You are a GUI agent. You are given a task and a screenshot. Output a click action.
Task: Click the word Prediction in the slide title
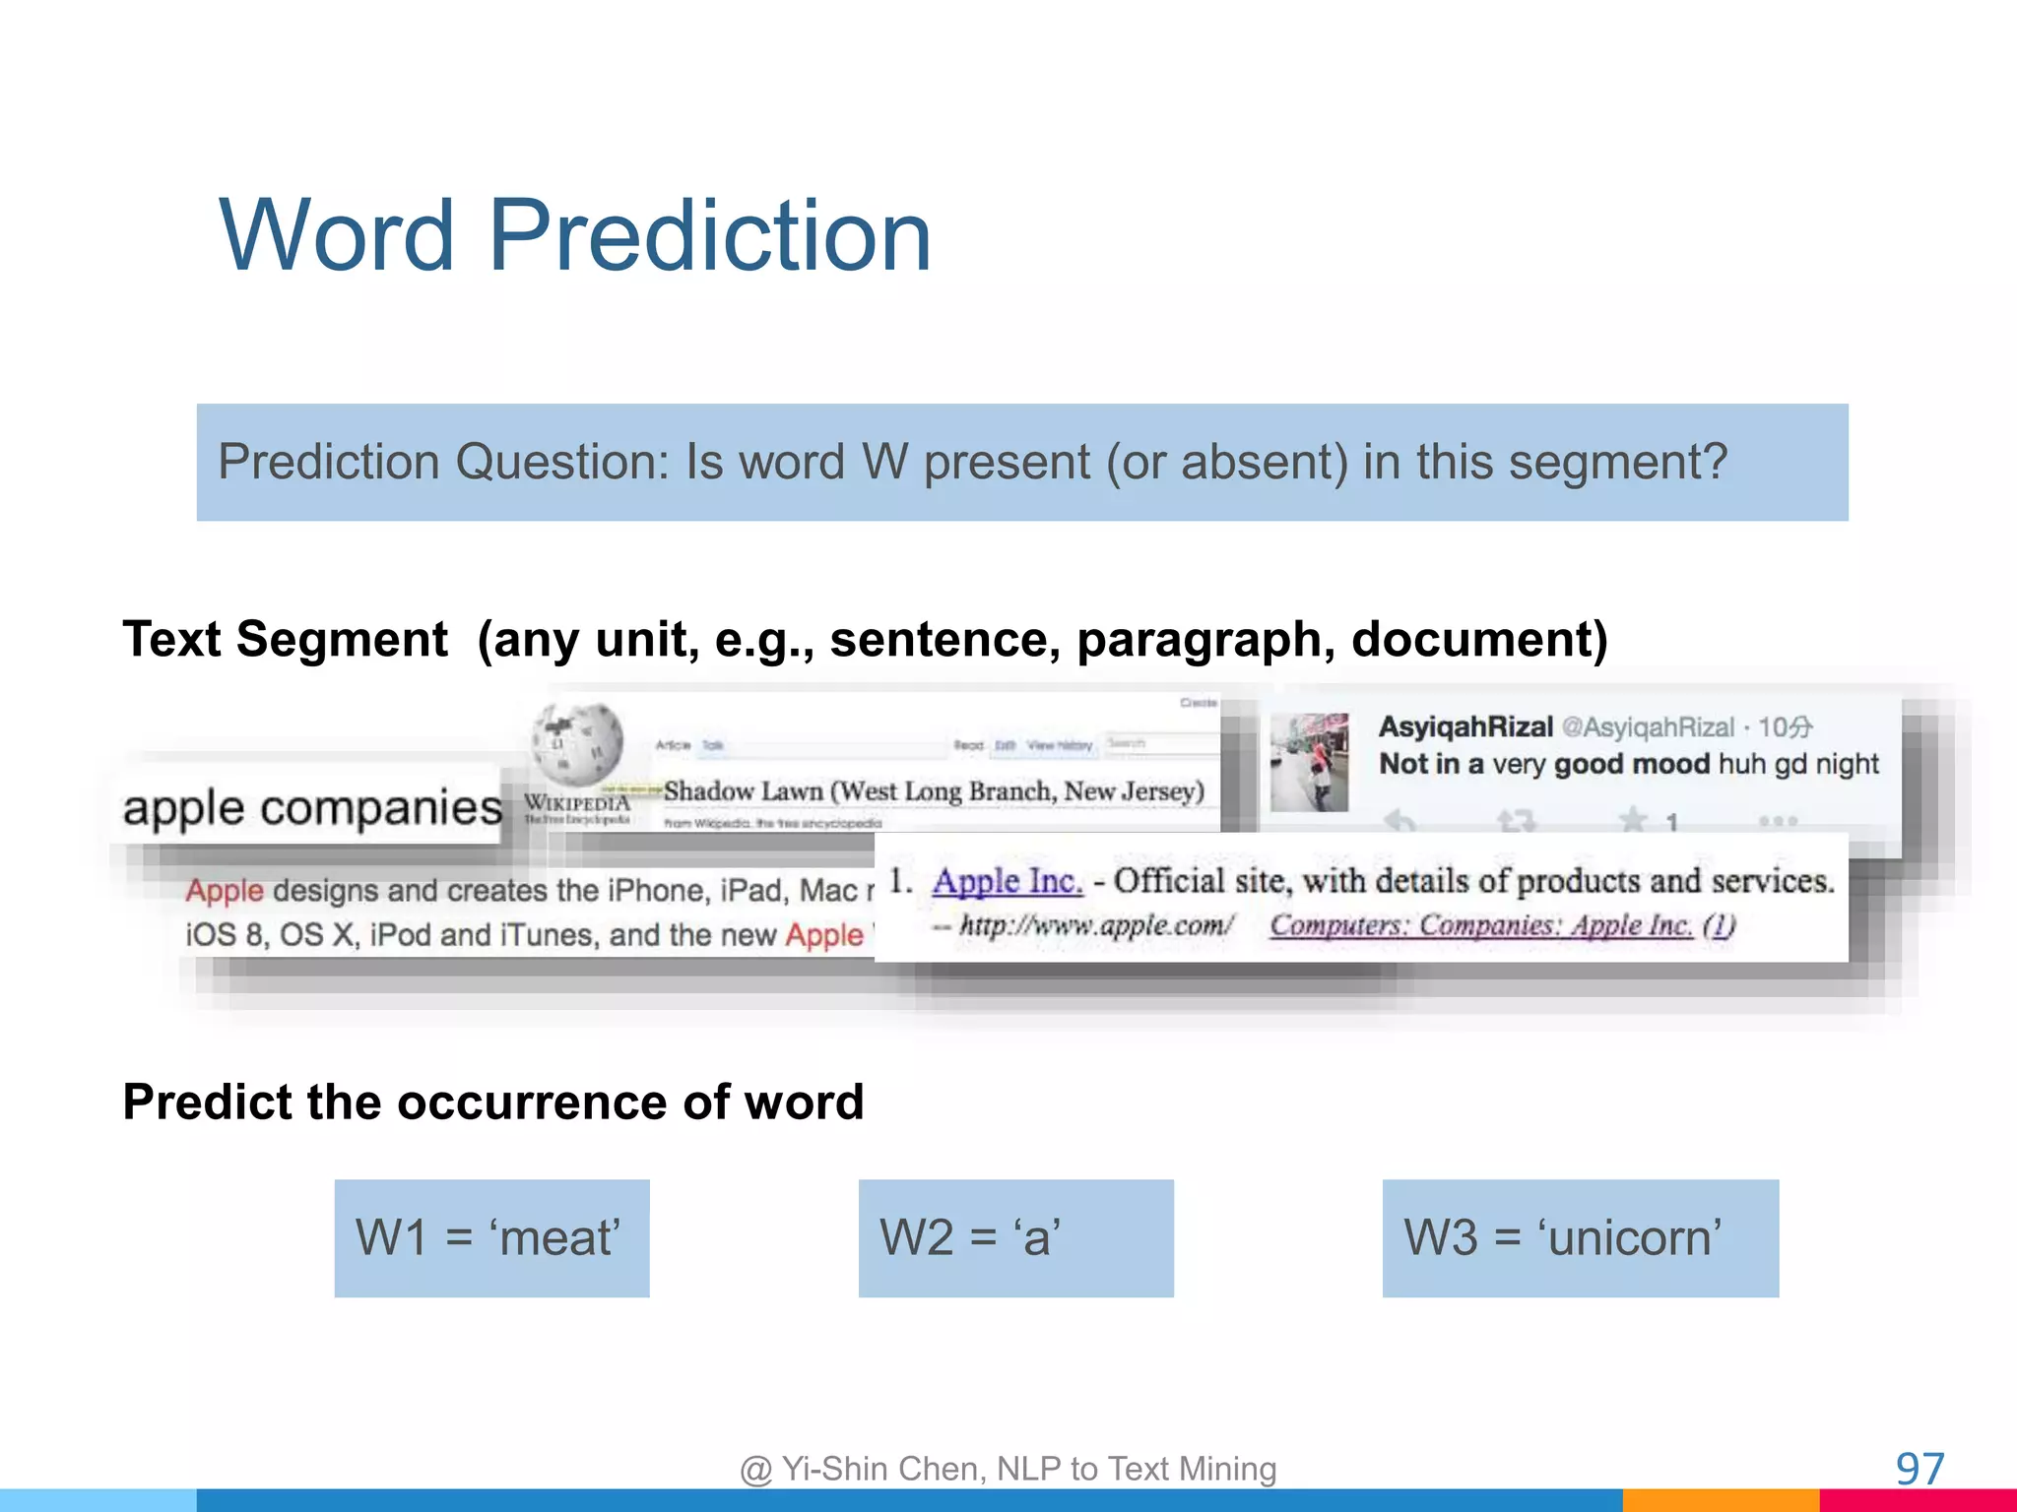click(x=709, y=236)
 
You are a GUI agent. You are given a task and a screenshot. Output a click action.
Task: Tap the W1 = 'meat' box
click(x=491, y=1238)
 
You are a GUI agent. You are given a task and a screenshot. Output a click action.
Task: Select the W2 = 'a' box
click(x=1015, y=1238)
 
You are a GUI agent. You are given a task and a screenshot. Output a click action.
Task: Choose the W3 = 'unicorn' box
click(x=1580, y=1238)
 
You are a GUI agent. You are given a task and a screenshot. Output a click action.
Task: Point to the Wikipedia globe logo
click(x=577, y=743)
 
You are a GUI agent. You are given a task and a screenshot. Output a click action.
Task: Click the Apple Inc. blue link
click(x=1007, y=881)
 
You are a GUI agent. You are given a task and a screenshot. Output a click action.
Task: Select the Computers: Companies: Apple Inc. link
click(x=1480, y=925)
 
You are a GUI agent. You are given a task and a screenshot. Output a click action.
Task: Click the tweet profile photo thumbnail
click(x=1309, y=762)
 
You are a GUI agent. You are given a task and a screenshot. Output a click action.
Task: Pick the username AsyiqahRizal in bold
click(x=1464, y=726)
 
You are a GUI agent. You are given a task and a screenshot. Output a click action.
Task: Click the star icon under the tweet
click(x=1633, y=819)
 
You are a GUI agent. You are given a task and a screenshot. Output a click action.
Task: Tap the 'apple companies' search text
click(x=312, y=808)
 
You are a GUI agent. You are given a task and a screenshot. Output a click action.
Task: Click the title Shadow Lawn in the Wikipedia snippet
click(x=743, y=791)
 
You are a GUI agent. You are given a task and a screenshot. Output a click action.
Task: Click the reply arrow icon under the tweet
click(x=1399, y=819)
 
